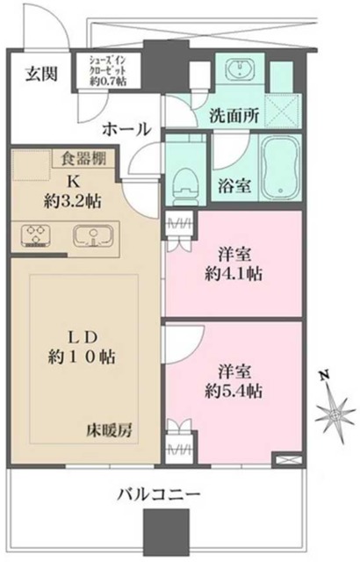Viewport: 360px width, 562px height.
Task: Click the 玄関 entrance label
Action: (x=41, y=74)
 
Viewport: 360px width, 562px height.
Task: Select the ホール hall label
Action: (x=126, y=129)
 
